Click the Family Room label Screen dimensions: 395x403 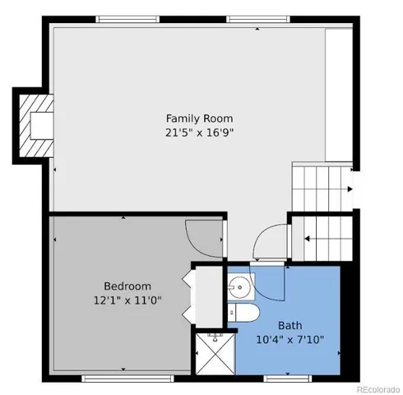(194, 117)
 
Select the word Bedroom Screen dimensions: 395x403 (127, 286)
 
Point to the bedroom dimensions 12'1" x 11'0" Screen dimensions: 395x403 (127, 300)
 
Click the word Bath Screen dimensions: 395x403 (290, 324)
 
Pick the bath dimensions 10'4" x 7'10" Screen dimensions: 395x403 (290, 338)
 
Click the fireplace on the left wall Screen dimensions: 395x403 (37, 126)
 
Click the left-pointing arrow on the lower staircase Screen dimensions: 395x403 (308, 239)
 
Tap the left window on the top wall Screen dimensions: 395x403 (126, 19)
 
